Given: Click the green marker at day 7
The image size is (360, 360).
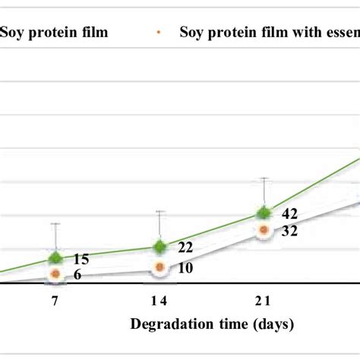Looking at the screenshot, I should pos(55,258).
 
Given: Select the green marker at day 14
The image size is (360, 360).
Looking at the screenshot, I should pos(159,247).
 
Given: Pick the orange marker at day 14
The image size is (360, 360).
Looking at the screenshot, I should pos(159,267).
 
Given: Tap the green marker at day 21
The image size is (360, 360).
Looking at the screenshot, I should pos(264,213).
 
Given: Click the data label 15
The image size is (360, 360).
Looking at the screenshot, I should pos(81,259).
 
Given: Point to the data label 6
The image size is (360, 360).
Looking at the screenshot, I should pos(77,275).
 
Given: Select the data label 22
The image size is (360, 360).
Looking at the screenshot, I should pos(185,248).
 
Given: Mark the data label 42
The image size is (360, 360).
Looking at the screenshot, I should pos(289,215).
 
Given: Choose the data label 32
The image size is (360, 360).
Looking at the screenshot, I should pos(289,232).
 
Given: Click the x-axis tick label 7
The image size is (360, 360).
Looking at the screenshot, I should pos(55,302).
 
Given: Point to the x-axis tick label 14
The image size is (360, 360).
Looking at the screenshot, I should pos(159,302).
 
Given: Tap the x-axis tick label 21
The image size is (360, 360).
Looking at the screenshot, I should pos(264,302).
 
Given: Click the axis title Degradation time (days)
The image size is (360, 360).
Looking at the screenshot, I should pos(212,325).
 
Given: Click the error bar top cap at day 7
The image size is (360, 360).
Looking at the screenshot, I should pos(55,223).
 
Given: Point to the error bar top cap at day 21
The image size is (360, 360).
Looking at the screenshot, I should pos(264,178).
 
